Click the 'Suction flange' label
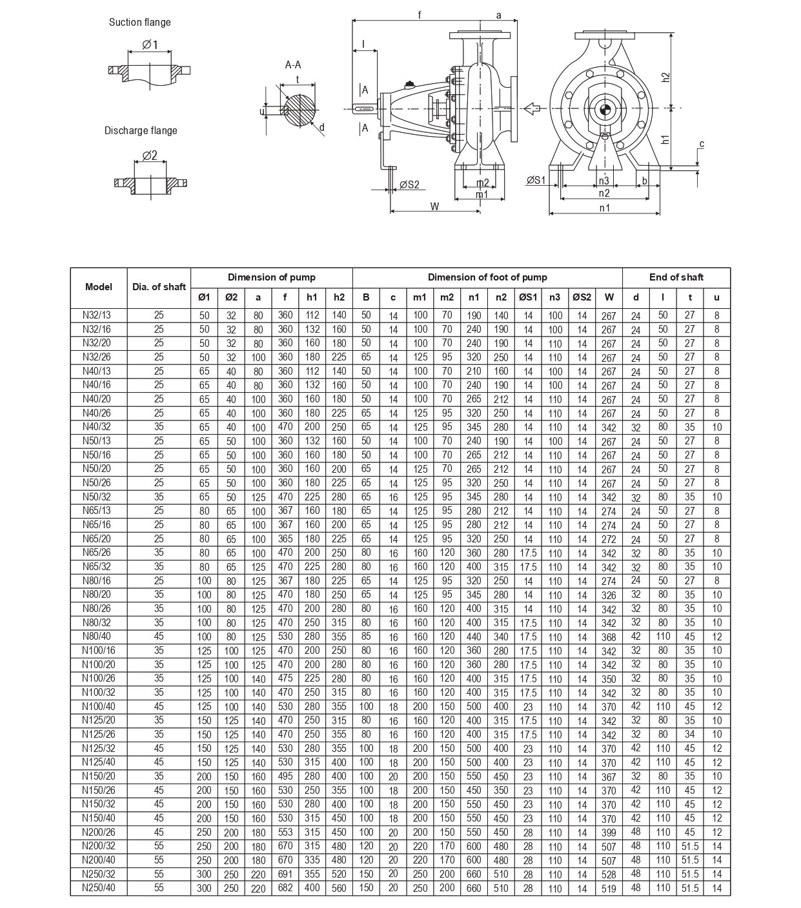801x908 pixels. point(139,23)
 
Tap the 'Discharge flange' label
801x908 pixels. point(141,131)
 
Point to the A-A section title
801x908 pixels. point(293,64)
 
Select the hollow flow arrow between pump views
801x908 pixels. point(531,108)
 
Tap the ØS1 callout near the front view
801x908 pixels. point(536,180)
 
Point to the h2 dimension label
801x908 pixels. point(666,76)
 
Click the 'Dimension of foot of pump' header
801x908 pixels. point(487,277)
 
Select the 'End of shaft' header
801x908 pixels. point(676,277)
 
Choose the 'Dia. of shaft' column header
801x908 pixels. point(159,287)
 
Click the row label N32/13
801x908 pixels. point(98,315)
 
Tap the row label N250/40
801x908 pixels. point(98,888)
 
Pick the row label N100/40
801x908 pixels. point(98,706)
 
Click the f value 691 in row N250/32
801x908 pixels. point(285,874)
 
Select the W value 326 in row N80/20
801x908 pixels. point(609,595)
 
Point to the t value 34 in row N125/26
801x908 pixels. point(690,734)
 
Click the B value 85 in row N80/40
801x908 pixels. point(366,637)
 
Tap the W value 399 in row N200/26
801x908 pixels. point(609,833)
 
